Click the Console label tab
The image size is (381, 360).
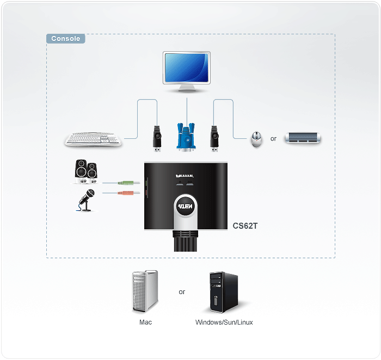(65, 39)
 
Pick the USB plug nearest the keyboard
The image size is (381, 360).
(156, 138)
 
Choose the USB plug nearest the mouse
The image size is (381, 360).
(214, 138)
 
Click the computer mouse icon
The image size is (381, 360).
(256, 139)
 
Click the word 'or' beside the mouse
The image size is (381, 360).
(273, 139)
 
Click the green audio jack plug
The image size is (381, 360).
(127, 183)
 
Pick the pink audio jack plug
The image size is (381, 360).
(127, 192)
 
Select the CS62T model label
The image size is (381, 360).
(245, 224)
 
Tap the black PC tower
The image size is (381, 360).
(224, 291)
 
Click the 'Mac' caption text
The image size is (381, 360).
(145, 322)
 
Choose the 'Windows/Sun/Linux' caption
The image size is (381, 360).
(224, 322)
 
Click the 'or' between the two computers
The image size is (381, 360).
(182, 292)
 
